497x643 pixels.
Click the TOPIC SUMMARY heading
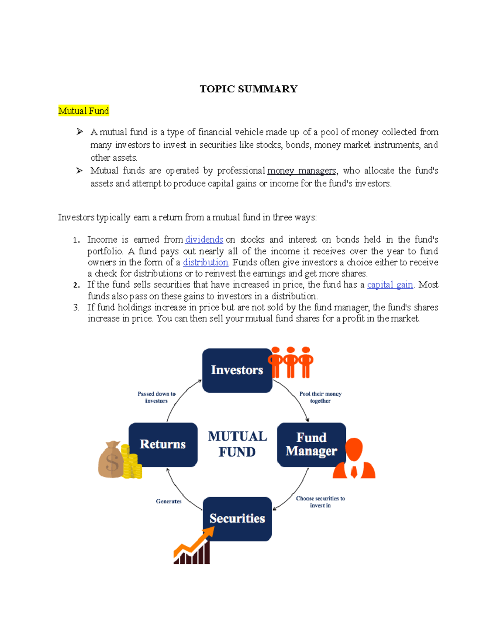click(x=248, y=89)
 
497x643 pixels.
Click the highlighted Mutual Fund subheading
click(x=84, y=111)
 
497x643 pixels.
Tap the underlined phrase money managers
click(x=302, y=171)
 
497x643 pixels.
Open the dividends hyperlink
click(x=204, y=240)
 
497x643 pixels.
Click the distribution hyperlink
click(x=205, y=262)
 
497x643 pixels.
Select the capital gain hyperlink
click(x=390, y=285)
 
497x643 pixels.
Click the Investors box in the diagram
click(x=237, y=370)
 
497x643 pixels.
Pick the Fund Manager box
click(x=311, y=444)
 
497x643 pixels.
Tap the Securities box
click(x=237, y=518)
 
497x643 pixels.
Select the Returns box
click(x=163, y=444)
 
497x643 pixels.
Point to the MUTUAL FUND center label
click(x=237, y=444)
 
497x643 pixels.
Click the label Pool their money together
click(x=320, y=397)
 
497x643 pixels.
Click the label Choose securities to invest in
click(x=320, y=502)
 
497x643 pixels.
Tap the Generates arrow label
click(x=169, y=501)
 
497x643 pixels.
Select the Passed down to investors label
click(x=157, y=397)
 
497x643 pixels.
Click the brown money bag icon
click(x=111, y=460)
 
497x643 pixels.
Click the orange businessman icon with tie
click(x=354, y=459)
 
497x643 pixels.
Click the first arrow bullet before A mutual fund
click(x=80, y=132)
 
